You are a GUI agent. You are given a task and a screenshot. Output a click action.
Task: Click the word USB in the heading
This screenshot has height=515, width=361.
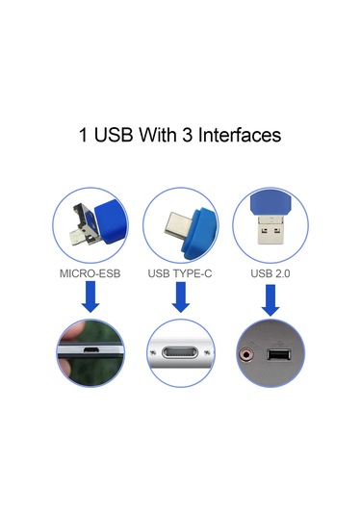click(116, 134)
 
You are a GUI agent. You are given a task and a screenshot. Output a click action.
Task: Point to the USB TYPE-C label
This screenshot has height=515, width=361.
click(180, 273)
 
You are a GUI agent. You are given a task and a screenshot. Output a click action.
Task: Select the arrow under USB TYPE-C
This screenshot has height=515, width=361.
click(180, 298)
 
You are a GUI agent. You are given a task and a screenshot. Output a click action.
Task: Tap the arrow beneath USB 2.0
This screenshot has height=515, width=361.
click(270, 298)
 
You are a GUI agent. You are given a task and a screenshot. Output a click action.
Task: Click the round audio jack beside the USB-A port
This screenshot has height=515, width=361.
click(252, 355)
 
